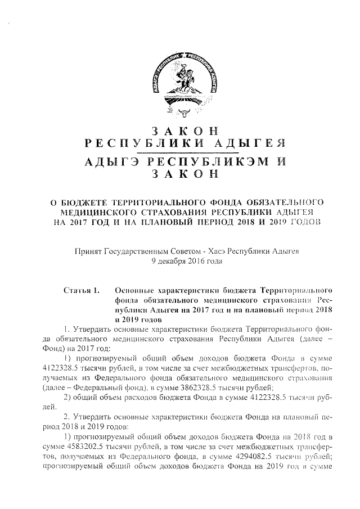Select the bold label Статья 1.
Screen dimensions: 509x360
pyautogui.click(x=82, y=290)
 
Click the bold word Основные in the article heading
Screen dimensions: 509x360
pyautogui.click(x=134, y=290)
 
